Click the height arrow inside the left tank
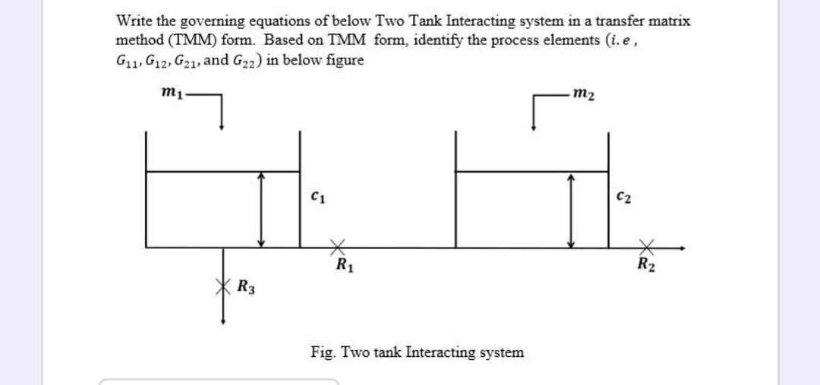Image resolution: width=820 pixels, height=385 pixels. (262, 209)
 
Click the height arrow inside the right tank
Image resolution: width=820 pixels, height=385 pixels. (572, 209)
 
